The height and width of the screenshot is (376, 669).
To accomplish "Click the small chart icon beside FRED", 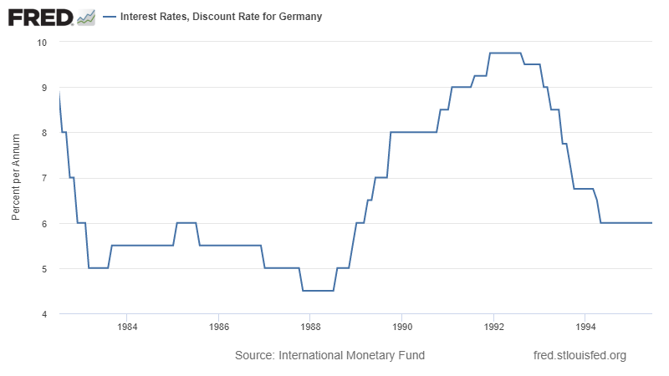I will pos(85,17).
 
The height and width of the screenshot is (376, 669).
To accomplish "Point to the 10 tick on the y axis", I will pos(43,42).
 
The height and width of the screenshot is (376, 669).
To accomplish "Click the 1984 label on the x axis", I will pos(126,326).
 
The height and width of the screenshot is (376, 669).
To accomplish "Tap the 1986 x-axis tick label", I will pos(218,326).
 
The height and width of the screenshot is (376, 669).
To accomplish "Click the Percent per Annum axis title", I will pos(16,178).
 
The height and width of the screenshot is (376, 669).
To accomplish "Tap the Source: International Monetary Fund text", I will pos(329,355).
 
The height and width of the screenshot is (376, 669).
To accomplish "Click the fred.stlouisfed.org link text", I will pos(580,355).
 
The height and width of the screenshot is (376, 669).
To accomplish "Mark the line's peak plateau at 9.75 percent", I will pos(505,53).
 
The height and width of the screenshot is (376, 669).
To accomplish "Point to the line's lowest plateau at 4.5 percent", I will pos(318,291).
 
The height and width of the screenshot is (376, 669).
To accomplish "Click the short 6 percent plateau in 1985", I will pos(186,223).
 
